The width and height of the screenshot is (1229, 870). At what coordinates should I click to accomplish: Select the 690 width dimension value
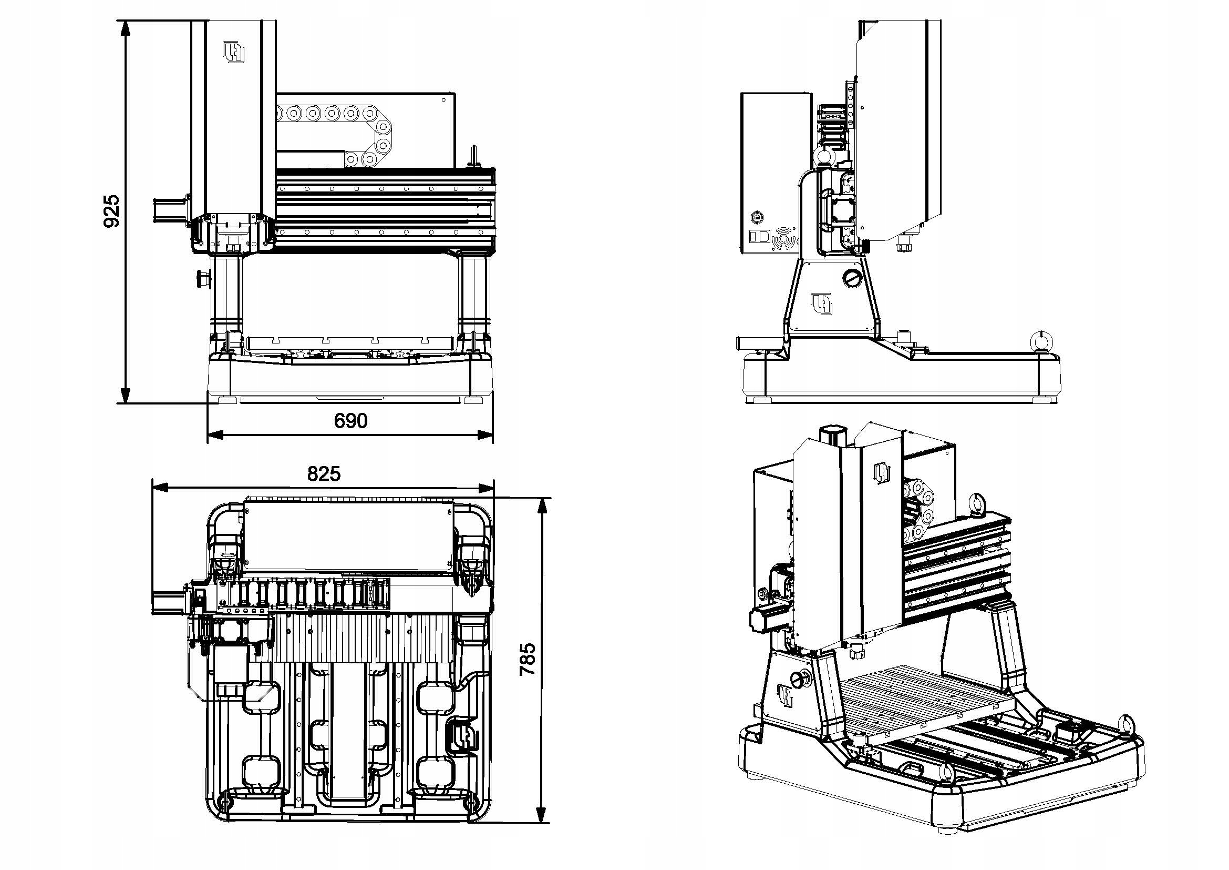click(x=350, y=421)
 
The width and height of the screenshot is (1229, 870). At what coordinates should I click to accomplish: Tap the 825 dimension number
click(x=324, y=473)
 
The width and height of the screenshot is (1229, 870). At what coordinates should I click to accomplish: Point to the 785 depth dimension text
click(x=528, y=659)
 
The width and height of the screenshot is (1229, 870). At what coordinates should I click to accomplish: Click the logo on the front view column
click(x=234, y=53)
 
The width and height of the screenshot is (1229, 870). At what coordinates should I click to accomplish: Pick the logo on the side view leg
click(x=822, y=304)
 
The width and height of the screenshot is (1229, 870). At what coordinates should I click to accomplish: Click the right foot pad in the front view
click(x=473, y=400)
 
